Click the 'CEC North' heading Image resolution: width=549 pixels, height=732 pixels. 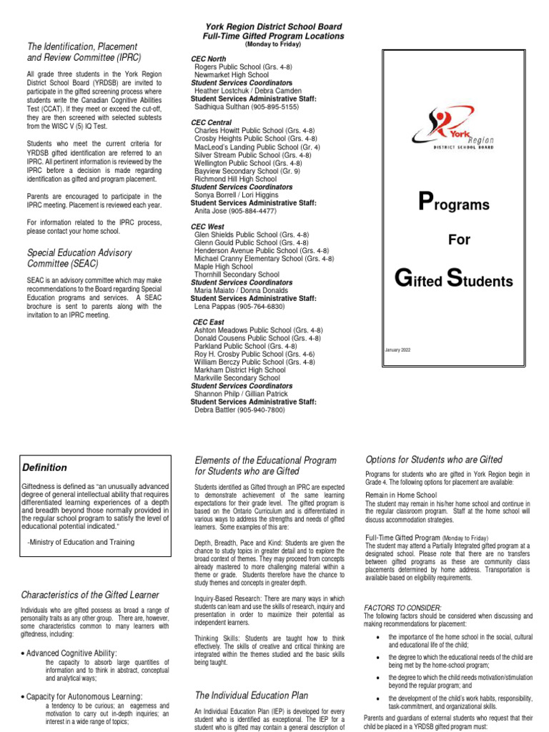point(209,59)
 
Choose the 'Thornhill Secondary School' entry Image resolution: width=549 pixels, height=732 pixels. point(237,274)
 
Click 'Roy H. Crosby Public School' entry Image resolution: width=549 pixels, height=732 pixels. point(254,354)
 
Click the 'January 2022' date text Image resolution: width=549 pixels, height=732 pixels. point(397,350)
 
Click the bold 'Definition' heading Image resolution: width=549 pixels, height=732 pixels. point(44,468)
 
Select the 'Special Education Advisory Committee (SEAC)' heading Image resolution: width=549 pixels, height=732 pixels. point(79,258)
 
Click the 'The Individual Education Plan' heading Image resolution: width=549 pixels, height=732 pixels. point(251,695)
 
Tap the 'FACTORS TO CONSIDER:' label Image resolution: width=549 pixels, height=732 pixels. point(402,608)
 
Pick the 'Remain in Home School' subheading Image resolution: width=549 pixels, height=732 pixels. point(401,495)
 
